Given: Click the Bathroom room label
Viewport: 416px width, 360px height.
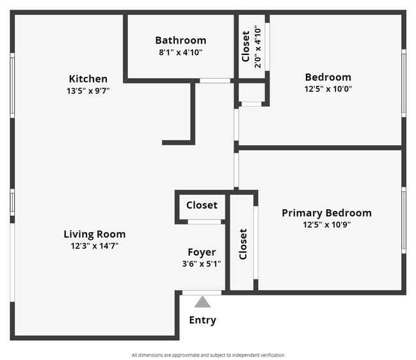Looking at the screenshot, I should (180, 40).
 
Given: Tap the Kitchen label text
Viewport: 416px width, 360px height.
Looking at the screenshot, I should (88, 79).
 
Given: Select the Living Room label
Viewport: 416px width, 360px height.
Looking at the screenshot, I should (95, 234).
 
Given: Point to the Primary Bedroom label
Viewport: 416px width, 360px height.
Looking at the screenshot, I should (326, 213).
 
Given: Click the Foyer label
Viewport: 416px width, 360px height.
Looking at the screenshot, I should (202, 252).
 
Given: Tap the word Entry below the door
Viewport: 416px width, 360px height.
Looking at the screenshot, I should (202, 320).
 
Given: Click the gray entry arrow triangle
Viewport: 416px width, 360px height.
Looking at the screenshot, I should (202, 302).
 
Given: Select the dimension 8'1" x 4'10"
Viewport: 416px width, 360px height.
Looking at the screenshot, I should (180, 52).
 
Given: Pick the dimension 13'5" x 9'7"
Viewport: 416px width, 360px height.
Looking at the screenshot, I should (88, 91).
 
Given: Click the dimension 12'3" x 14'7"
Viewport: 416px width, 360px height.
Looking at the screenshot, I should (95, 246).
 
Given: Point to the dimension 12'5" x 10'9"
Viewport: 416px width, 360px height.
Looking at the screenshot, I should (326, 224).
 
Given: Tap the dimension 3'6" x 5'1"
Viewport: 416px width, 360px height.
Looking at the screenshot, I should (202, 263).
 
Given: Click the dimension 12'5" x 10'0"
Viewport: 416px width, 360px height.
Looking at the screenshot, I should (328, 89).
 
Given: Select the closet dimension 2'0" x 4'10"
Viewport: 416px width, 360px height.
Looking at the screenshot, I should (258, 46).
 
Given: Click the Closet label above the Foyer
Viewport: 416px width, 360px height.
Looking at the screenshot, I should (202, 205).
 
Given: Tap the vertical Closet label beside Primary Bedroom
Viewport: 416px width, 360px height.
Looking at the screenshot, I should (243, 244).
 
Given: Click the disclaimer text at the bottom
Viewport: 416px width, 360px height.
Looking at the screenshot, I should (208, 355).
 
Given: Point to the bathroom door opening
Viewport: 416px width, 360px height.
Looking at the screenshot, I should (215, 81).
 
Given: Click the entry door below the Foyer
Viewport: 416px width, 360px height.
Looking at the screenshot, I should (202, 293).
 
